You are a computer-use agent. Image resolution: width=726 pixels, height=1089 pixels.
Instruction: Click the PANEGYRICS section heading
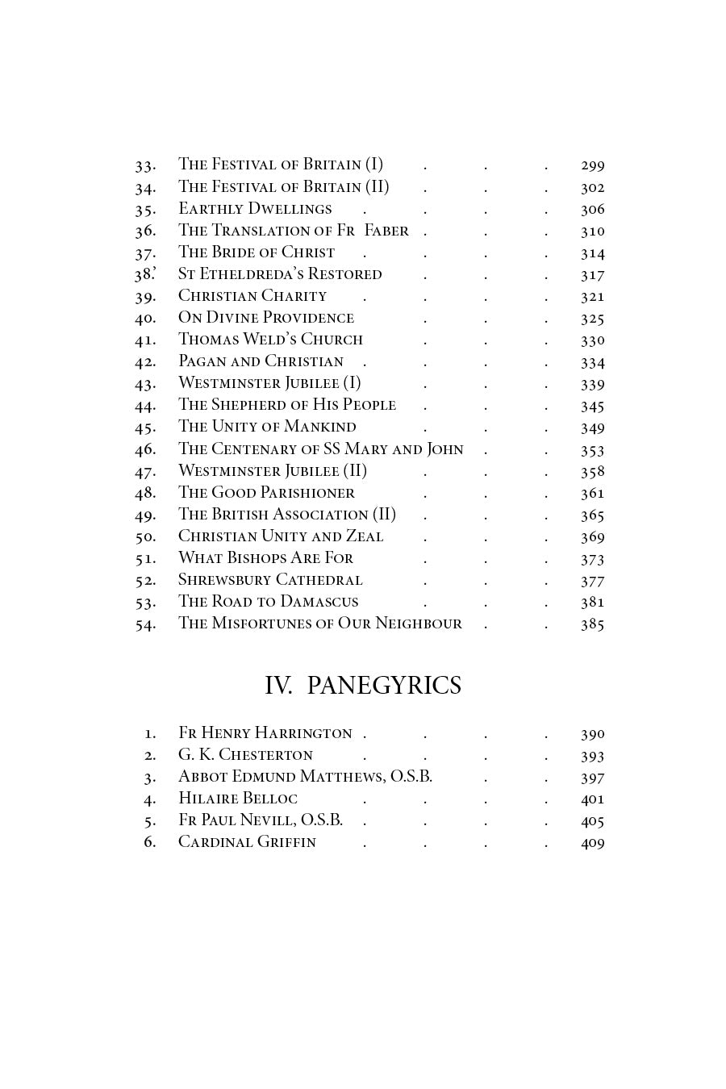pyautogui.click(x=384, y=685)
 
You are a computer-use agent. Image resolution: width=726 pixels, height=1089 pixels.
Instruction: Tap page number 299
pyautogui.click(x=592, y=165)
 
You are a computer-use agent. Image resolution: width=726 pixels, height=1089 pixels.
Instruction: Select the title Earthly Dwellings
pyautogui.click(x=255, y=209)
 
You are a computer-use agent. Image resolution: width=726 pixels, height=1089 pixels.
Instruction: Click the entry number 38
pyautogui.click(x=144, y=274)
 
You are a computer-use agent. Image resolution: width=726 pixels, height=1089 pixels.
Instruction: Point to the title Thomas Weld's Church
pyautogui.click(x=270, y=340)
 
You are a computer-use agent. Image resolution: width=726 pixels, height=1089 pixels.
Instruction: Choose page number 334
pyautogui.click(x=592, y=362)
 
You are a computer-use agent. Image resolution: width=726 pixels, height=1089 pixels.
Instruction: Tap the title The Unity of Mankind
pyautogui.click(x=267, y=427)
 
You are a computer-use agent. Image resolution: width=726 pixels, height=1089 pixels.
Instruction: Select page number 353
pyautogui.click(x=592, y=450)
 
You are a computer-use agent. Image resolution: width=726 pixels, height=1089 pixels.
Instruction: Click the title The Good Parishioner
pyautogui.click(x=266, y=493)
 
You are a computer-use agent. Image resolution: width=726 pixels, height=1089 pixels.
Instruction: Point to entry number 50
pyautogui.click(x=145, y=537)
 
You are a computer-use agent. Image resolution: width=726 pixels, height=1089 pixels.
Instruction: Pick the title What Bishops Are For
pyautogui.click(x=265, y=558)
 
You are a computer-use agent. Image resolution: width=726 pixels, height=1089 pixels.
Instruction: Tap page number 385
pyautogui.click(x=592, y=624)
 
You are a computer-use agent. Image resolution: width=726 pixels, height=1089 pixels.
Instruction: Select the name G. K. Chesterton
pyautogui.click(x=245, y=755)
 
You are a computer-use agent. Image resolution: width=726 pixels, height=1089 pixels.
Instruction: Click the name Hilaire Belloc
pyautogui.click(x=238, y=799)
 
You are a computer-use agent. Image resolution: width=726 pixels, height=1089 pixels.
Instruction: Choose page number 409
pyautogui.click(x=592, y=843)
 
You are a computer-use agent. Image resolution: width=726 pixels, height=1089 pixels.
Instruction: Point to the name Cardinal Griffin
pyautogui.click(x=247, y=842)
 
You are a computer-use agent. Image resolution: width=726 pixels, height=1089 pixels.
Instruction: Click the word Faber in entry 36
pyautogui.click(x=386, y=231)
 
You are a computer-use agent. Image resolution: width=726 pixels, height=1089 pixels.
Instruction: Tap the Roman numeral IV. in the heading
pyautogui.click(x=278, y=685)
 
